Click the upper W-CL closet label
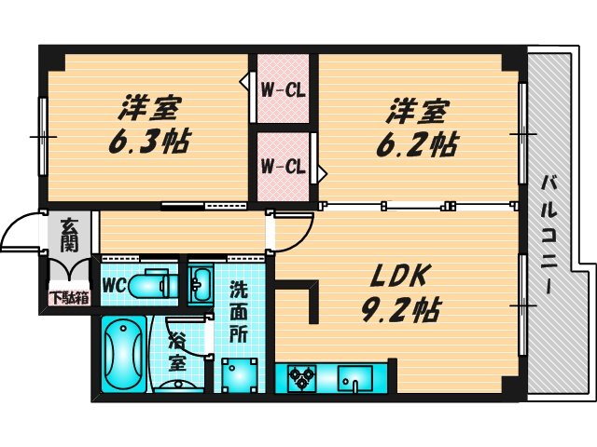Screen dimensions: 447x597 pyautogui.click(x=284, y=90)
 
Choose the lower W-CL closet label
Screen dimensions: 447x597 pyautogui.click(x=284, y=168)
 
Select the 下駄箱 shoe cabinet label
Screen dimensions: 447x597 pyautogui.click(x=70, y=298)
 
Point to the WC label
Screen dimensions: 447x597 pyautogui.click(x=113, y=283)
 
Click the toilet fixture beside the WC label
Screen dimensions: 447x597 pyautogui.click(x=155, y=284)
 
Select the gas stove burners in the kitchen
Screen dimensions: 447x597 pyautogui.click(x=303, y=378)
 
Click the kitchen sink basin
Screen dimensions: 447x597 pyautogui.click(x=357, y=380)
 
